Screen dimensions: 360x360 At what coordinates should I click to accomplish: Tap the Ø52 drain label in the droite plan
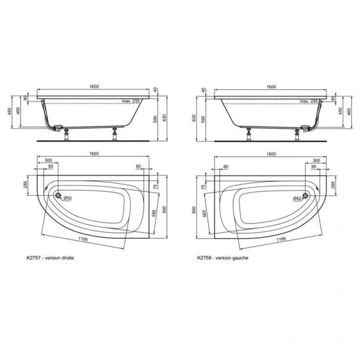pos(68,198)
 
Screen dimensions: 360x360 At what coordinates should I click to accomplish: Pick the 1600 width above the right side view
pos(271,87)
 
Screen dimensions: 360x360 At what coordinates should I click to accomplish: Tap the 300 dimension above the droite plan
pos(47,161)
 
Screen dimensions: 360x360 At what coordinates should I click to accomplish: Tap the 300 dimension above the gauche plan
pos(316,161)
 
